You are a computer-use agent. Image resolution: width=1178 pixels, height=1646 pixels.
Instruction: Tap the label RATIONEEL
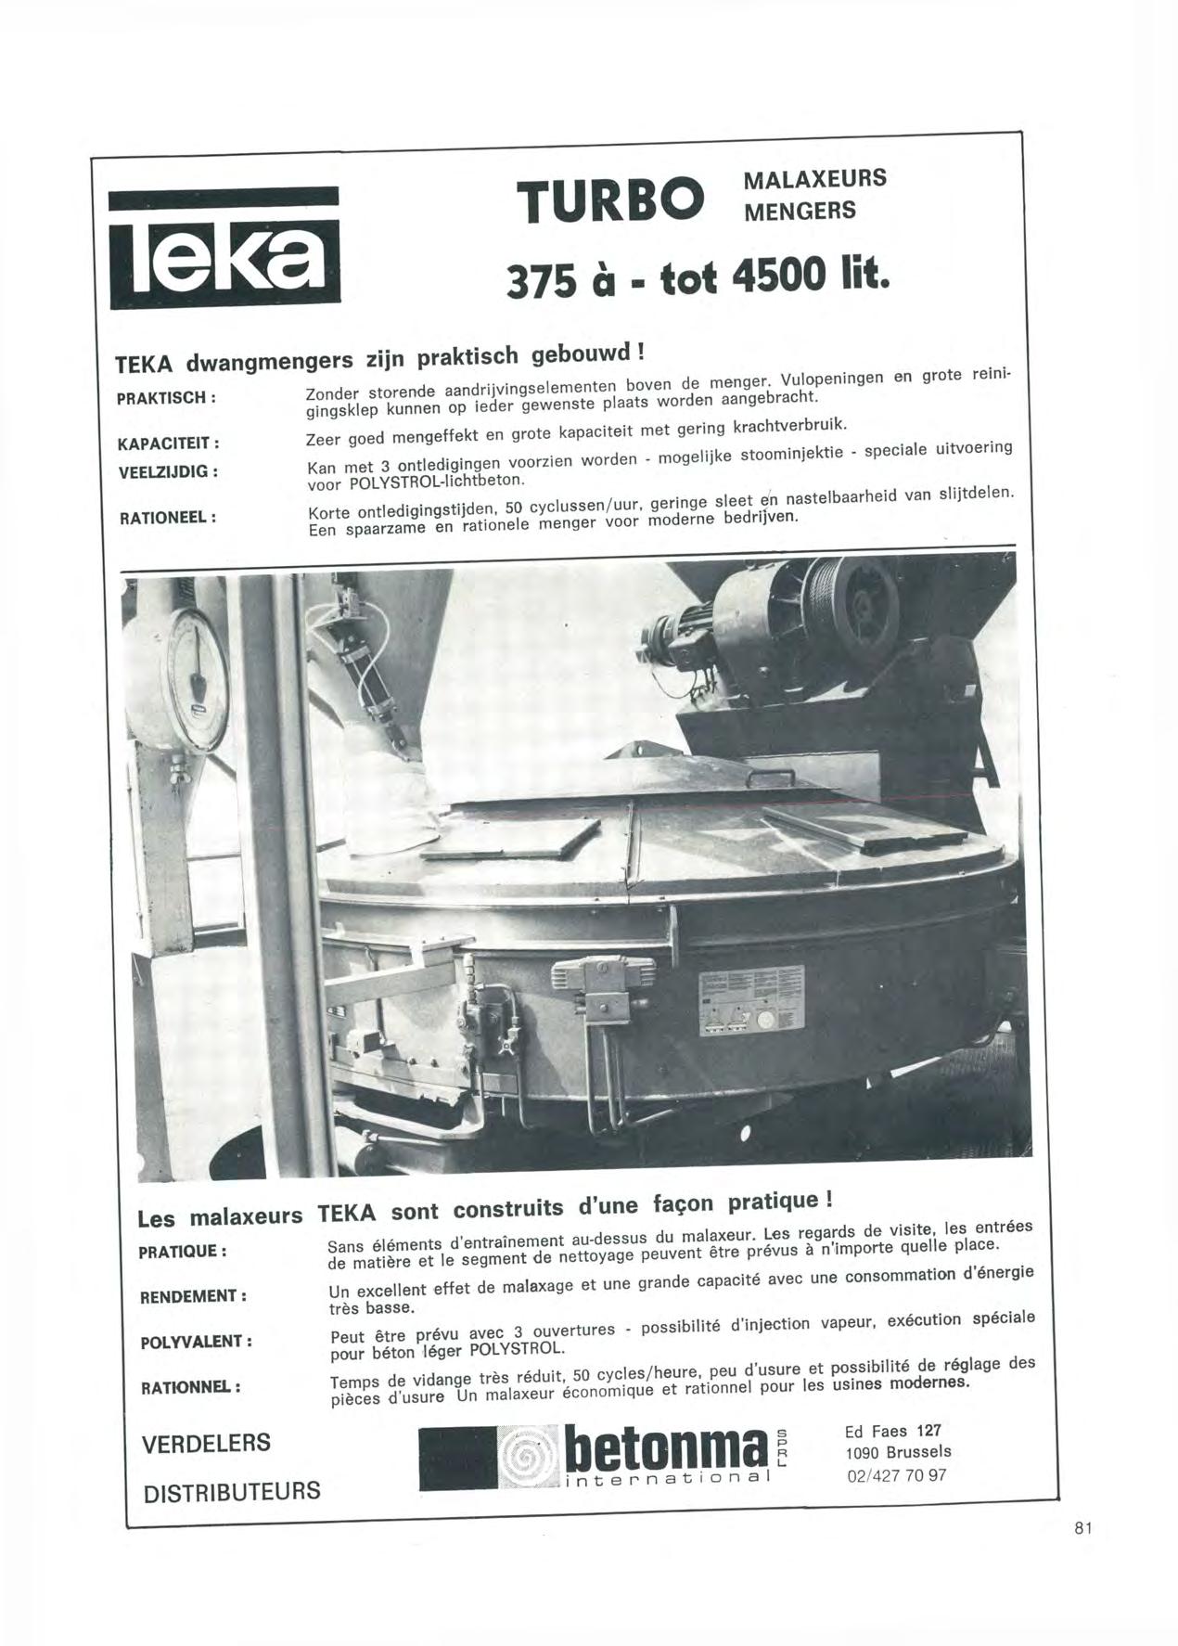click(x=167, y=517)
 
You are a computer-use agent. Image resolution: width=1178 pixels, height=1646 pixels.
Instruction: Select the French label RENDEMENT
click(x=193, y=1296)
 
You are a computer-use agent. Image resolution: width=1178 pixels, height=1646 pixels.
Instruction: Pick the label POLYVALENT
click(x=196, y=1343)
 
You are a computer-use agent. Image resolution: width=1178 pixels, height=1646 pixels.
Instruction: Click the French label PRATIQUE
click(x=183, y=1251)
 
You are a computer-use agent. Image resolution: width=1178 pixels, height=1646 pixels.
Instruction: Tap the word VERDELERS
click(x=206, y=1443)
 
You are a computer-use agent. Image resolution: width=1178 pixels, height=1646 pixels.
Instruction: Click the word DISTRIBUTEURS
click(x=231, y=1491)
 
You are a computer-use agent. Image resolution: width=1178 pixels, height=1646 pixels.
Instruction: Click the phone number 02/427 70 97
click(x=896, y=1475)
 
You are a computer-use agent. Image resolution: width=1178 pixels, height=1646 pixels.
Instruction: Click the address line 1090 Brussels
click(x=898, y=1452)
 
